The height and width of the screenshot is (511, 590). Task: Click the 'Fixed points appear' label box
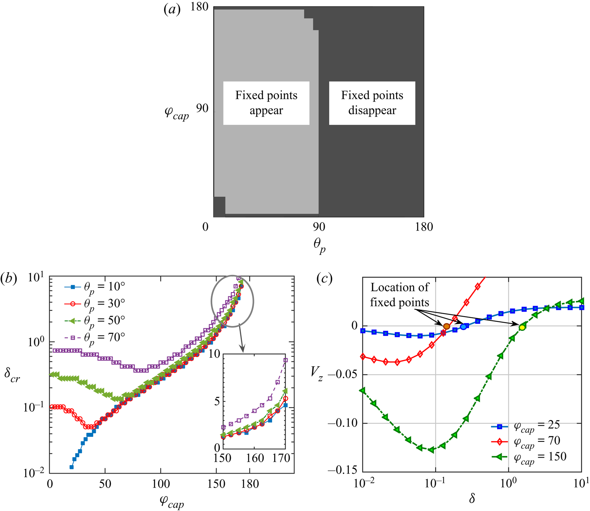tap(266, 103)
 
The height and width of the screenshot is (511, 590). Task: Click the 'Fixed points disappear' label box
tap(372, 103)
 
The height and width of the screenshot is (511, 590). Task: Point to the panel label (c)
tap(324, 278)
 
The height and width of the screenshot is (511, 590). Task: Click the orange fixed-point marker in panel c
tap(446, 326)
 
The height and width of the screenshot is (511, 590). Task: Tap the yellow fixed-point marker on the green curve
tap(522, 328)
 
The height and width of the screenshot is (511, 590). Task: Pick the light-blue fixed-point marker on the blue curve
tap(463, 327)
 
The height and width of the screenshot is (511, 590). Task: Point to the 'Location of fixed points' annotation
tap(399, 295)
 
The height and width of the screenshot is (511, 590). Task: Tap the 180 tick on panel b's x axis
tap(250, 484)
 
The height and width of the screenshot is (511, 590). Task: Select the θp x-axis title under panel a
tap(319, 246)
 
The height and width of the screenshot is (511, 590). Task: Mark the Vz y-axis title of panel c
tap(317, 373)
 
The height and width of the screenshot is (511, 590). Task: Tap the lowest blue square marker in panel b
tap(71, 467)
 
